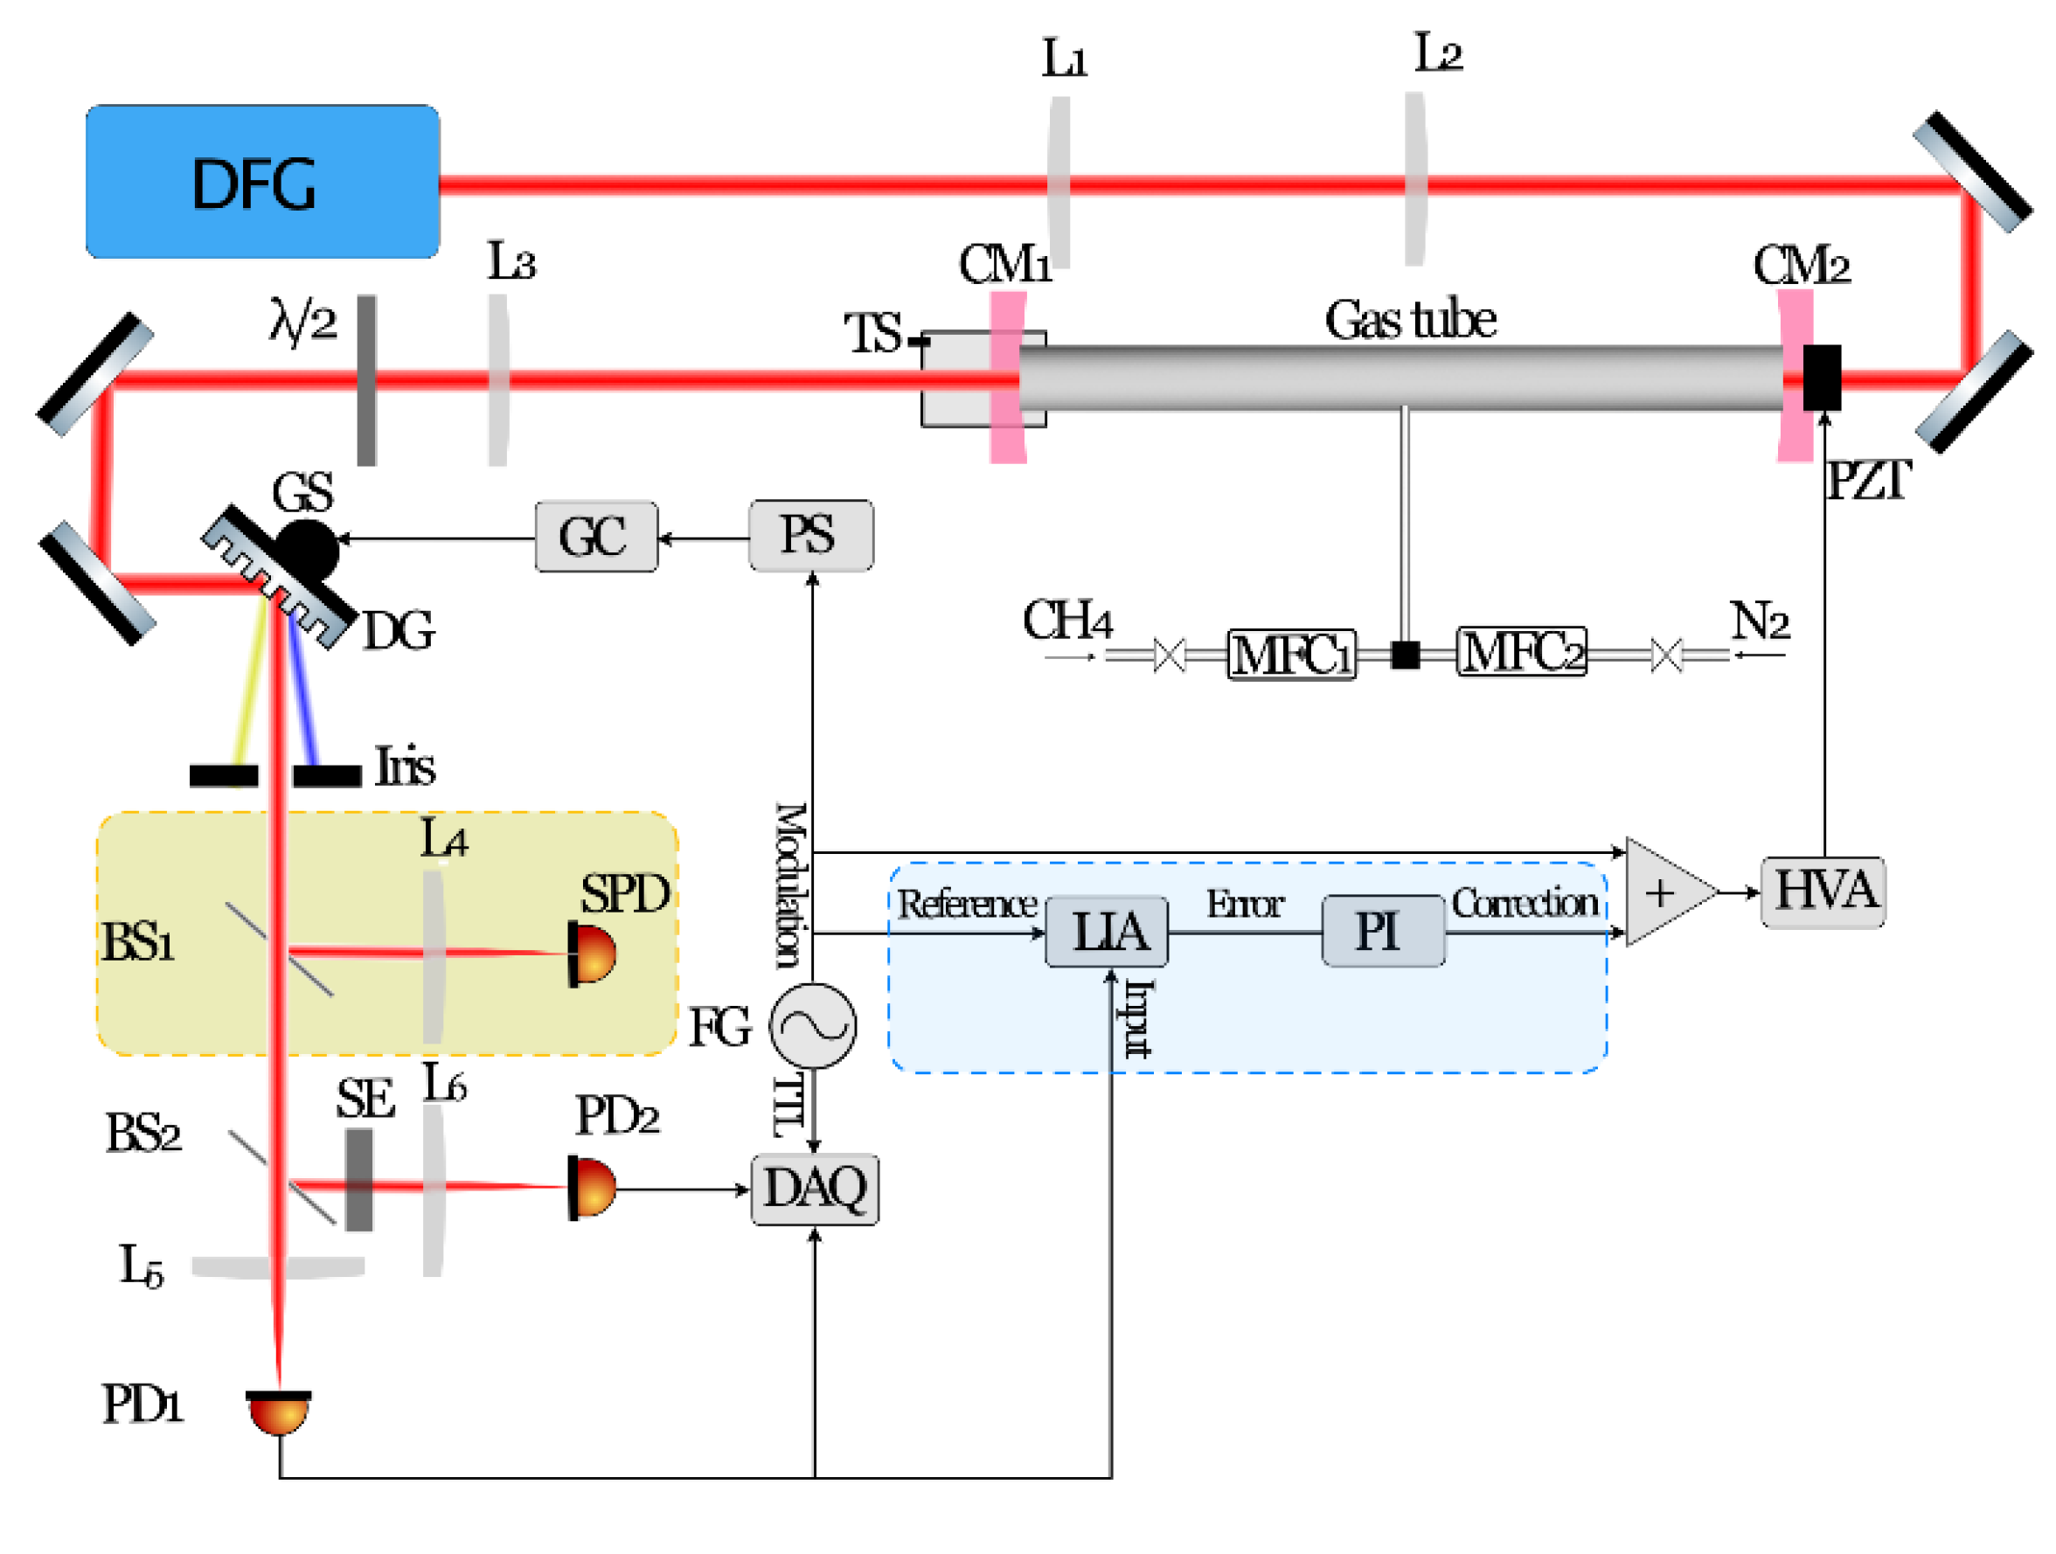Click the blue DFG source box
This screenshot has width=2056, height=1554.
pyautogui.click(x=262, y=181)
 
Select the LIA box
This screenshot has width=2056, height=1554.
pyautogui.click(x=1106, y=932)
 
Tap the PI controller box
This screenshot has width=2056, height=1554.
pyautogui.click(x=1382, y=932)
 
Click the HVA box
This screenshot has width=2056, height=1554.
pyautogui.click(x=1822, y=891)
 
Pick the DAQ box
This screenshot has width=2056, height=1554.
pyautogui.click(x=814, y=1189)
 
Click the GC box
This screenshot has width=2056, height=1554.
pyautogui.click(x=596, y=537)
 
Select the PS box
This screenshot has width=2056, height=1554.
pyautogui.click(x=810, y=536)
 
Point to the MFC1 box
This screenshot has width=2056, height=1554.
pyautogui.click(x=1291, y=655)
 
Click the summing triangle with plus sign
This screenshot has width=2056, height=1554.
pyautogui.click(x=1664, y=892)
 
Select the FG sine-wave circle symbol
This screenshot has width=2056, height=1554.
pyautogui.click(x=812, y=1025)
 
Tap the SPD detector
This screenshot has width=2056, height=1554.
pyautogui.click(x=592, y=953)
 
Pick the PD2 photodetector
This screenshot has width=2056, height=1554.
pyautogui.click(x=592, y=1187)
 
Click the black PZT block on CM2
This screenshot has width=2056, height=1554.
pyautogui.click(x=1821, y=378)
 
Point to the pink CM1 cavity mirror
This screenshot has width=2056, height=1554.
pyautogui.click(x=1008, y=378)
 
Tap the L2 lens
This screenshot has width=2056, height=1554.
pyautogui.click(x=1414, y=178)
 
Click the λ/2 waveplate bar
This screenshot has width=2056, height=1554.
pyautogui.click(x=367, y=380)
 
